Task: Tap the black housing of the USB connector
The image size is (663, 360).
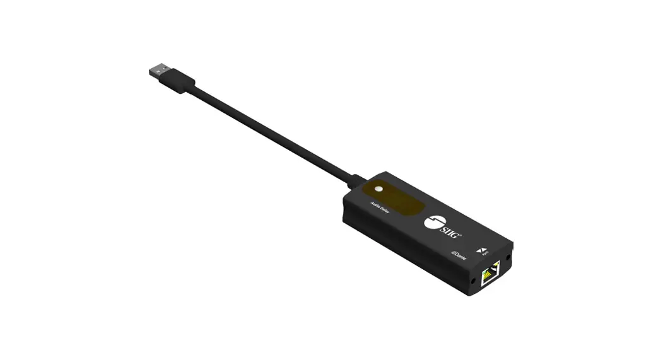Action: (182, 83)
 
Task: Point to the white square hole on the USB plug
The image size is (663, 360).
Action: (155, 66)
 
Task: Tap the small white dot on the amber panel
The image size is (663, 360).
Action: (378, 189)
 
